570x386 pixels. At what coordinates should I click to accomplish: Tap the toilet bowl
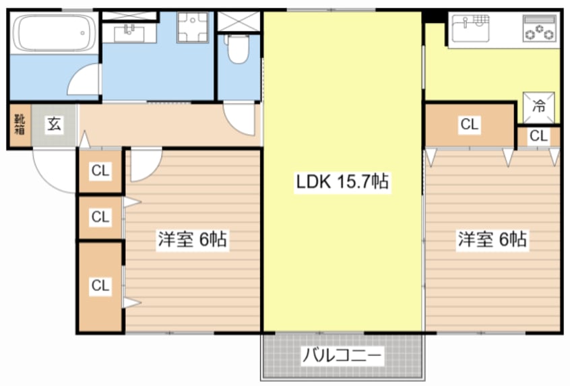click(237, 49)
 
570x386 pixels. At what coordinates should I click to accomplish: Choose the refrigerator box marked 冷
click(540, 106)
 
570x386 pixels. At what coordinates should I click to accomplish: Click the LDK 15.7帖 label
click(342, 181)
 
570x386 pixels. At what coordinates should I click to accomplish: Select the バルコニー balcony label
click(342, 355)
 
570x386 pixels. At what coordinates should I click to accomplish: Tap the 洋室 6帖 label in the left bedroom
click(191, 240)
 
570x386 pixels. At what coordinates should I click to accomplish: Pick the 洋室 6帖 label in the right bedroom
click(493, 240)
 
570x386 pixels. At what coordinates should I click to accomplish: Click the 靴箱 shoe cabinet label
click(19, 125)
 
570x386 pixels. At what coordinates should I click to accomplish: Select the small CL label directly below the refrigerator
click(538, 136)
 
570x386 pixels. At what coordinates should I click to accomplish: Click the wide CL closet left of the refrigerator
click(469, 125)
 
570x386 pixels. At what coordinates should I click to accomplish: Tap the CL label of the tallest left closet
click(100, 286)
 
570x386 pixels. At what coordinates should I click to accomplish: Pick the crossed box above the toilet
click(238, 21)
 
